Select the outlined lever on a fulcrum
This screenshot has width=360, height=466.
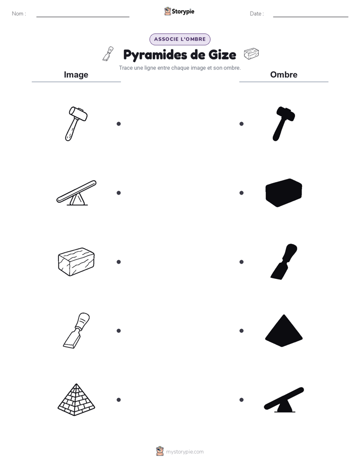(x=77, y=193)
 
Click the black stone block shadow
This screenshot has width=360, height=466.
(x=284, y=193)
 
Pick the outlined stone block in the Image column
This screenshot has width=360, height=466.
(x=76, y=262)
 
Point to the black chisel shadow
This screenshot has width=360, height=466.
(x=284, y=262)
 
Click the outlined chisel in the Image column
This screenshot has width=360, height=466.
(x=76, y=330)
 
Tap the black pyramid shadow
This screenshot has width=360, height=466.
(x=284, y=330)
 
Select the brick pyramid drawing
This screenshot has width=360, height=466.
(x=76, y=399)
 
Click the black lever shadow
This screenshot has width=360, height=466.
(x=284, y=400)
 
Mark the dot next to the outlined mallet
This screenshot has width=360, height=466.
(x=118, y=124)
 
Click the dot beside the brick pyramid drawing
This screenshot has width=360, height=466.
(x=118, y=400)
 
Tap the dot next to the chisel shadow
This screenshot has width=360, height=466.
(x=242, y=262)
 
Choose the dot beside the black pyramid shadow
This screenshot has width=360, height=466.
(x=242, y=331)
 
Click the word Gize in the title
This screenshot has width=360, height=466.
(x=222, y=54)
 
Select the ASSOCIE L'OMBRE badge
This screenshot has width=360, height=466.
(x=179, y=39)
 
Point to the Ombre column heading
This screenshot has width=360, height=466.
(x=284, y=75)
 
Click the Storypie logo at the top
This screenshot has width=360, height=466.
(x=179, y=11)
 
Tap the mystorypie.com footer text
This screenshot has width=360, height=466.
(x=185, y=452)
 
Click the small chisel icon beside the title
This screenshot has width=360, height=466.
(x=108, y=54)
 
